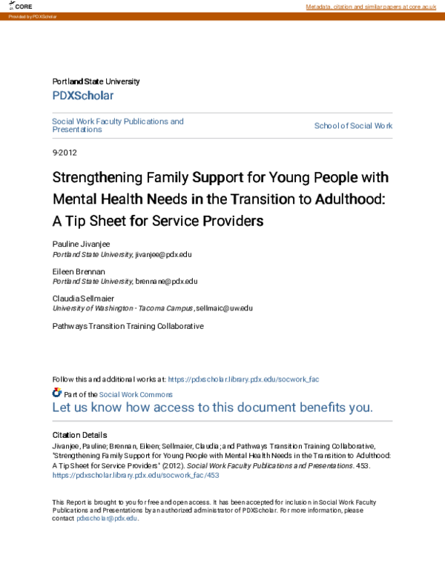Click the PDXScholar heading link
pos(83,96)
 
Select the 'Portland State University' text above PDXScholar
pos(96,82)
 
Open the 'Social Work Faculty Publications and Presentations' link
pos(117,125)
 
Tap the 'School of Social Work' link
pos(353,126)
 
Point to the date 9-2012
pos(65,153)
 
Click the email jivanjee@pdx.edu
pos(163,254)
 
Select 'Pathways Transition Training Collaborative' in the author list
pos(128,325)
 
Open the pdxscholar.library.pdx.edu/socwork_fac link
pos(244,379)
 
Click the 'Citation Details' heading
pos(79,435)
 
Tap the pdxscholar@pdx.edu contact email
pos(107,519)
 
